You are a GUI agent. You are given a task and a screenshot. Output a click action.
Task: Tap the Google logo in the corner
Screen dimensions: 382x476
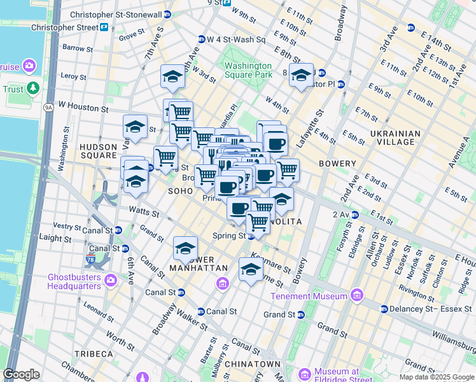pos(21,374)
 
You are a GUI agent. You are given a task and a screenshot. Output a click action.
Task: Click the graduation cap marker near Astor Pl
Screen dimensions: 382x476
pos(301,76)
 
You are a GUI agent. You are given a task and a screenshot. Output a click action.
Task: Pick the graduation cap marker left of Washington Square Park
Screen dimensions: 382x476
pos(172,78)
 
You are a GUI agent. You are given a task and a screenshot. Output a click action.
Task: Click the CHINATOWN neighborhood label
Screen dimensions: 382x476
pos(256,364)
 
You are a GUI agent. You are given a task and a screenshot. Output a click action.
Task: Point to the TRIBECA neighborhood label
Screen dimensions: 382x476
pos(92,354)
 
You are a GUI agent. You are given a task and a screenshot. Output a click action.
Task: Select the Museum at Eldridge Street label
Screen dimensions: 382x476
pos(341,375)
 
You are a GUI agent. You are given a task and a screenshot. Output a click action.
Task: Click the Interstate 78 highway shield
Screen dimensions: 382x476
pos(90,259)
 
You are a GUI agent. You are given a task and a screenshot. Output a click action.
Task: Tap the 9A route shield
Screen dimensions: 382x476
pos(48,108)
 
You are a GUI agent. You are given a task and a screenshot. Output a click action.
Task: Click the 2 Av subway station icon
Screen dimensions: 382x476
pos(354,214)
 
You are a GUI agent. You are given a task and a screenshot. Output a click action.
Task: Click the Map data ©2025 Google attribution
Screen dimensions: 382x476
pos(437,377)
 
